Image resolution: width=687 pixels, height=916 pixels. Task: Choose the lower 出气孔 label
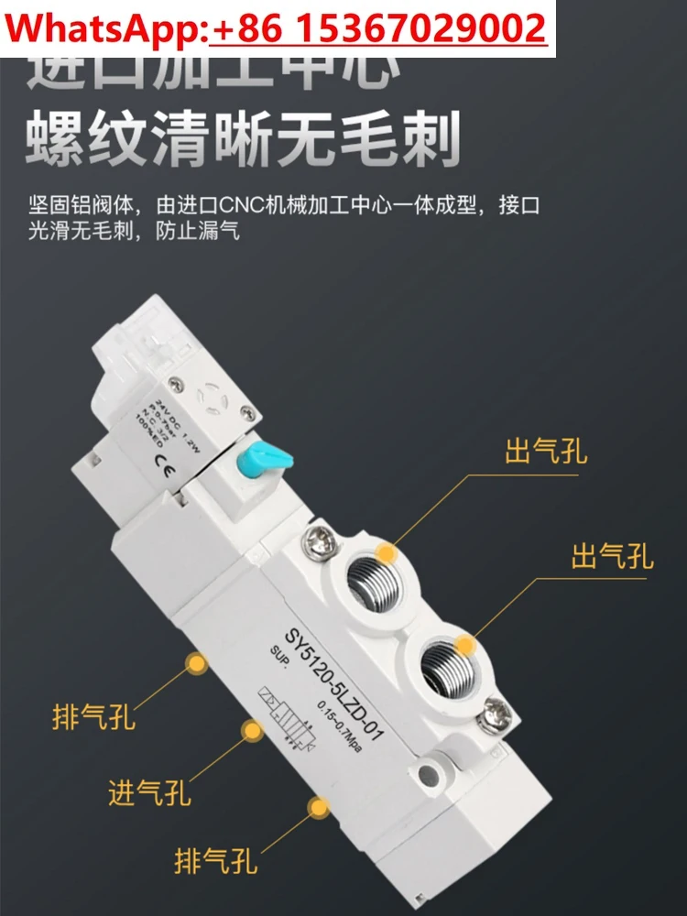pyautogui.click(x=612, y=555)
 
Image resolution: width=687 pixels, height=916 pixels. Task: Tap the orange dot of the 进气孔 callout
pyautogui.click(x=249, y=729)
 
